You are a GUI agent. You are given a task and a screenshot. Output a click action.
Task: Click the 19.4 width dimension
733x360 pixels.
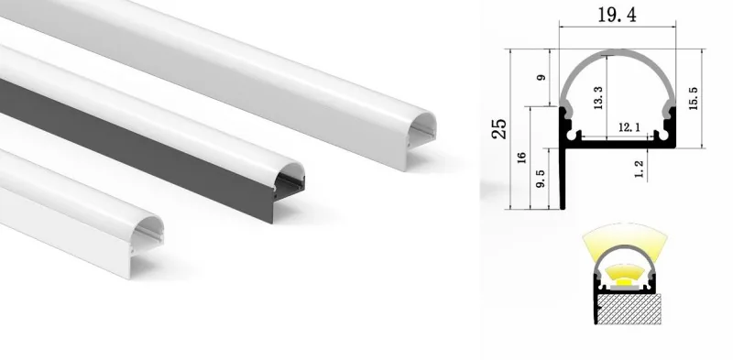(x=617, y=16)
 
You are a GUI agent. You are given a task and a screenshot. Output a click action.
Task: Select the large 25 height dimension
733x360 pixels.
(x=499, y=128)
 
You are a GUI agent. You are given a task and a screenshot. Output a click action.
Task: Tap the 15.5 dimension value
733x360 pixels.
(x=694, y=99)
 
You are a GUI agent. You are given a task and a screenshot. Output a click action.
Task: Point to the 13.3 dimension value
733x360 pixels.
(x=598, y=98)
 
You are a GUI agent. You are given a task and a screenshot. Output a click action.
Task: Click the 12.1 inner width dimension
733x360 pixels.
(x=629, y=127)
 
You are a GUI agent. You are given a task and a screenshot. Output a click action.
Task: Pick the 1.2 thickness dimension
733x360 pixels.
(x=640, y=169)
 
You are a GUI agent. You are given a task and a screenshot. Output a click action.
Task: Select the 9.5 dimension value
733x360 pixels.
(x=540, y=179)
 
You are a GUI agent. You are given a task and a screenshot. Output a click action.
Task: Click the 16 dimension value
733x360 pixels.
(x=522, y=158)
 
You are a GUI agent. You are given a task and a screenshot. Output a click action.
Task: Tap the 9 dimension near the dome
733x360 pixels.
(x=541, y=78)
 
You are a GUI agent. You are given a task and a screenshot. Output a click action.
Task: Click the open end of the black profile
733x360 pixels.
(x=289, y=178)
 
